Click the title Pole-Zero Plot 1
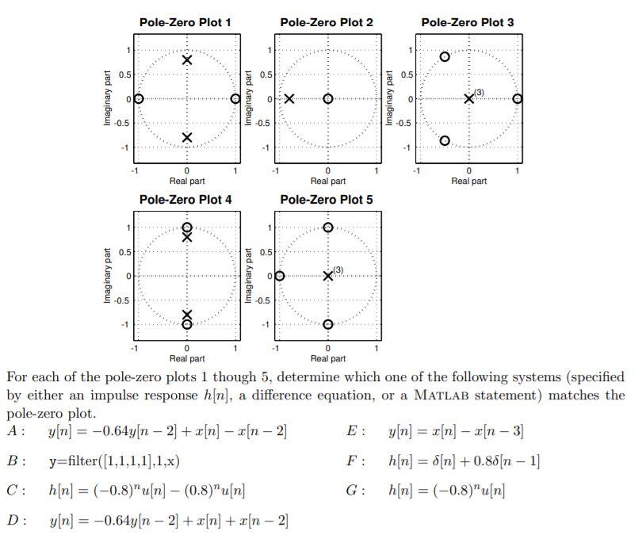point(185,22)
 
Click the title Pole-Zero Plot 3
point(468,22)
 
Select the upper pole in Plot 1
point(187,60)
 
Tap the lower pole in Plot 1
point(187,137)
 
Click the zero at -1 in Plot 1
point(139,99)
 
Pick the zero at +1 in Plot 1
point(235,99)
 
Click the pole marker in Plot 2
point(289,99)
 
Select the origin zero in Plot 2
point(328,99)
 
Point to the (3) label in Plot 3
point(480,93)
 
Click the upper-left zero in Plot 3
point(445,57)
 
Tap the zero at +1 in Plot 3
point(518,99)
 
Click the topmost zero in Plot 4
point(187,227)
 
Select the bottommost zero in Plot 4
point(187,324)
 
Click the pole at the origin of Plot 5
point(328,276)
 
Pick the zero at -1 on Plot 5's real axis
point(280,276)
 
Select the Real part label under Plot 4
point(187,358)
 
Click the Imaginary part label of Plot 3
point(389,99)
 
